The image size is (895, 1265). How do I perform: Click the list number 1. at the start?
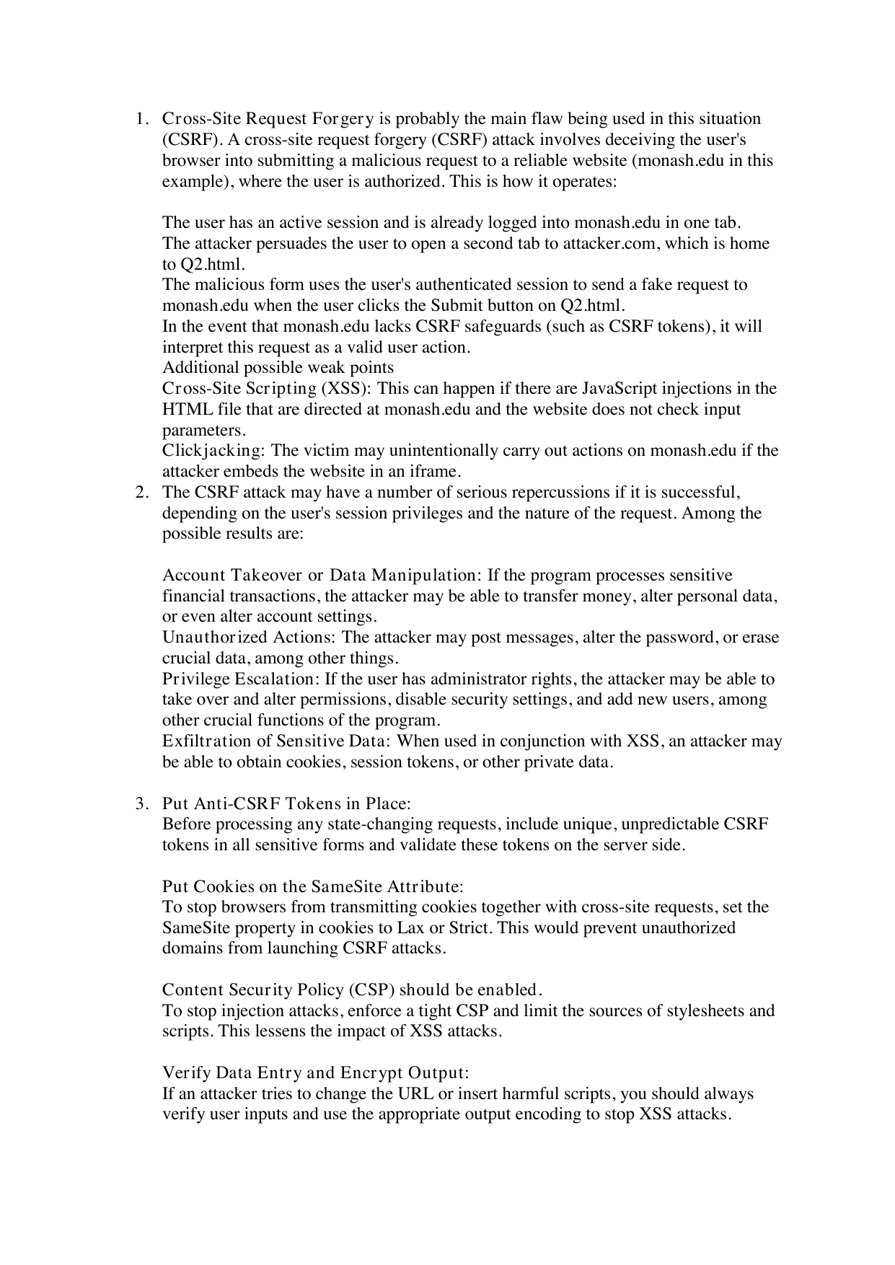tap(141, 118)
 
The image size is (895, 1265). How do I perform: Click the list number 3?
tap(141, 803)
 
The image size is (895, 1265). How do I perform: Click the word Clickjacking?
tap(212, 451)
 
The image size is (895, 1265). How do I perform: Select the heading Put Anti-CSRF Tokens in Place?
tap(286, 803)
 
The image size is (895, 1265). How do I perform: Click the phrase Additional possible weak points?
tap(278, 368)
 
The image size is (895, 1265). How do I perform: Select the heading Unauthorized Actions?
tap(249, 638)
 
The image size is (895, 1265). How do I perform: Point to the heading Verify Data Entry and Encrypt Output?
tap(316, 1072)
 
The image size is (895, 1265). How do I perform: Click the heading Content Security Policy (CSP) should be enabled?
tap(352, 989)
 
